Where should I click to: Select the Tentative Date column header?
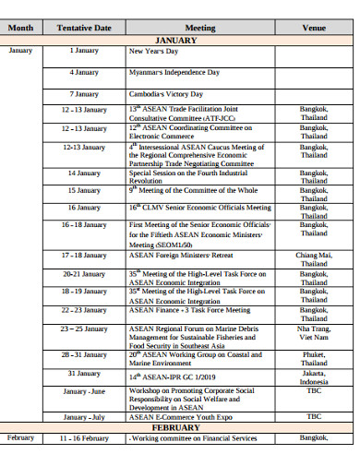(x=84, y=29)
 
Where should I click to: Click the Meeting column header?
(x=200, y=29)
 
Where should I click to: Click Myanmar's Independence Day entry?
(x=174, y=72)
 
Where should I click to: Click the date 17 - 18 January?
(x=84, y=254)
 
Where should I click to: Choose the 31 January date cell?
(x=84, y=373)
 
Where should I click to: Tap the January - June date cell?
(x=84, y=392)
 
